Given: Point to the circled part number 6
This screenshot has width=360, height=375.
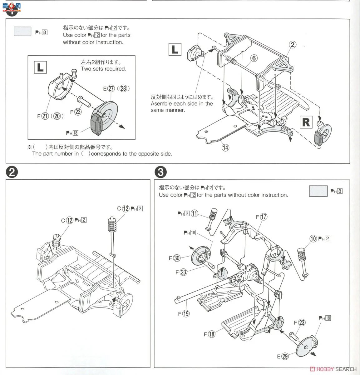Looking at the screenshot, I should coord(254,58).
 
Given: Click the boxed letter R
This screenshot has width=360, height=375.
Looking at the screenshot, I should coord(306,122).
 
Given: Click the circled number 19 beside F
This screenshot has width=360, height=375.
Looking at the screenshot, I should coord(186,313).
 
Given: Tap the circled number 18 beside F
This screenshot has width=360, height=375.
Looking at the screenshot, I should coord(212,334).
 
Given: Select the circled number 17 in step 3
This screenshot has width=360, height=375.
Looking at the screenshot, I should coord(264,217).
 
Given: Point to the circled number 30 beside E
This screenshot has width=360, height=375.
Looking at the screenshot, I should coord(177,258).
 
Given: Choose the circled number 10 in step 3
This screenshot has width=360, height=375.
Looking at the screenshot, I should coord(313,239).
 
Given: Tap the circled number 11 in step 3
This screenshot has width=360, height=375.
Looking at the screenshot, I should coord(195,213).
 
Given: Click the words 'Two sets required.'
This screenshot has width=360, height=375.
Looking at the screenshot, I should coord(103,69).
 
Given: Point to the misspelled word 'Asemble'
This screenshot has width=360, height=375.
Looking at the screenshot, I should coord(161,104).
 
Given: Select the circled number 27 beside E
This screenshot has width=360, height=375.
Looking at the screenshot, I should coord(111,88).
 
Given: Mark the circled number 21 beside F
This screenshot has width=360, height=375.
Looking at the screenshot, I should coord(46,116).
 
